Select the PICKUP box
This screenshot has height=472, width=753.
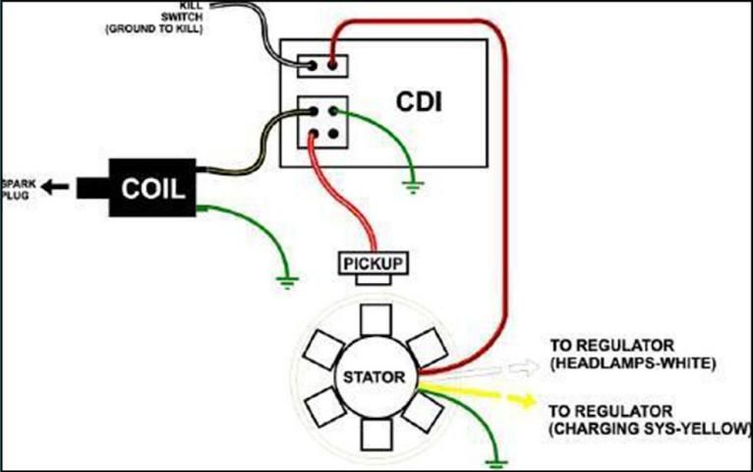(373, 264)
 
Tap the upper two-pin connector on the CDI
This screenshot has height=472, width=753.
(322, 66)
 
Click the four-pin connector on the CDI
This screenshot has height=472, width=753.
(322, 121)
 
